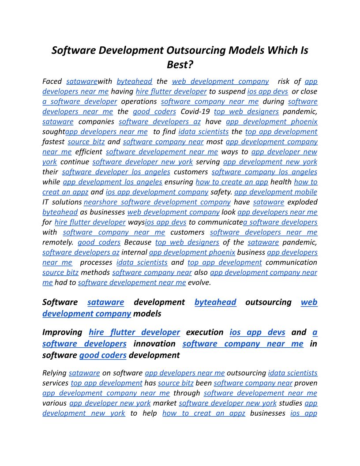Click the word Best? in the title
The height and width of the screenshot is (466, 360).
click(x=180, y=64)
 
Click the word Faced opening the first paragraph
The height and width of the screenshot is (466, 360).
click(x=52, y=81)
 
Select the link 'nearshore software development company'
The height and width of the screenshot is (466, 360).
click(x=157, y=202)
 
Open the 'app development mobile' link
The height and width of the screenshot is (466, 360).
click(x=275, y=192)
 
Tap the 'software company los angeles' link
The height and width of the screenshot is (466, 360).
click(x=264, y=172)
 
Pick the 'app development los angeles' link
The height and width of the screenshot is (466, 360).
click(x=112, y=182)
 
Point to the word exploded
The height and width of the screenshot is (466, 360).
click(x=302, y=202)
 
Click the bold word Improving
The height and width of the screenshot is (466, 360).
click(x=62, y=332)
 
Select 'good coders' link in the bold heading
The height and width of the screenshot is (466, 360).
click(x=103, y=355)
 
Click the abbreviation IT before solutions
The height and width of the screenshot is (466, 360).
click(x=45, y=202)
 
